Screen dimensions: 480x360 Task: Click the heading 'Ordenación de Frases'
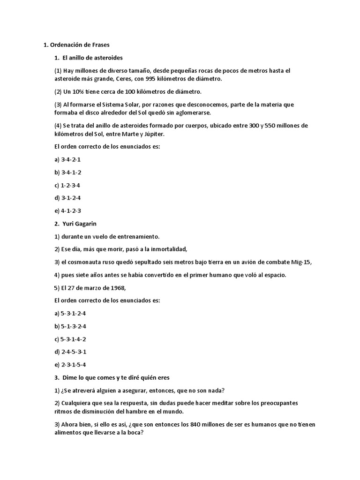click(79, 45)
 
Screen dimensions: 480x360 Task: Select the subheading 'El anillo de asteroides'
click(92, 58)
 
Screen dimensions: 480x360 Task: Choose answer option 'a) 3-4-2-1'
click(68, 160)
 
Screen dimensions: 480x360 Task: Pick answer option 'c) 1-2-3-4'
click(68, 185)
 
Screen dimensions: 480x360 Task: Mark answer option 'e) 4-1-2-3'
click(68, 211)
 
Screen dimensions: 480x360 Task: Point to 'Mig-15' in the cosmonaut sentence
click(300, 262)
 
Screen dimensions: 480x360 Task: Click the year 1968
click(112, 288)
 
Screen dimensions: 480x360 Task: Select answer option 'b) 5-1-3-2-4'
click(71, 326)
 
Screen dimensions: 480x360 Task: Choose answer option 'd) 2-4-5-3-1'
click(71, 352)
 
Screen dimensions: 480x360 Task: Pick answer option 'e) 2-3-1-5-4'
click(71, 364)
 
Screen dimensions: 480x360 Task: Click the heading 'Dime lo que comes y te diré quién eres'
click(115, 377)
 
